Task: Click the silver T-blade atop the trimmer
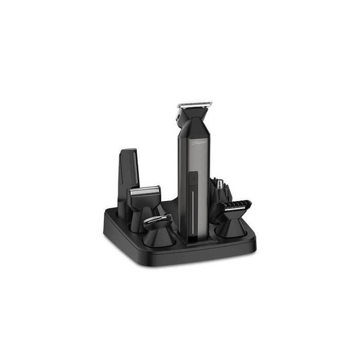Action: (195, 105)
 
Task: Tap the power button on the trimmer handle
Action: (194, 178)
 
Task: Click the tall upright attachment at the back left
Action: (129, 175)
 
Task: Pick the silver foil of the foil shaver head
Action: (145, 191)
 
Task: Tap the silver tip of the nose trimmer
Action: (219, 183)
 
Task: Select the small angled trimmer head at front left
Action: (157, 222)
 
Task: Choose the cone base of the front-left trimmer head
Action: (159, 238)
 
